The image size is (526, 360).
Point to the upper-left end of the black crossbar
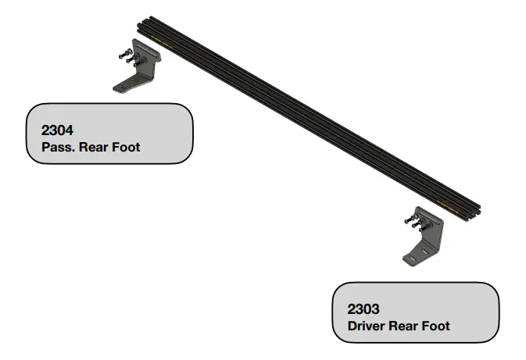point(141,23)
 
